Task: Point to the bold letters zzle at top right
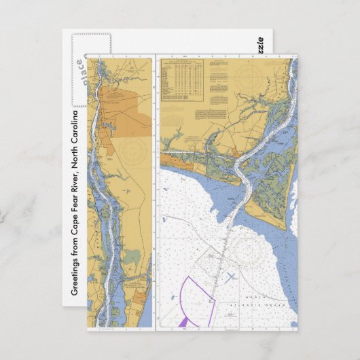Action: point(259,44)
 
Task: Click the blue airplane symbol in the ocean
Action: point(231,276)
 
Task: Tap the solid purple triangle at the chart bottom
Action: point(183,321)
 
